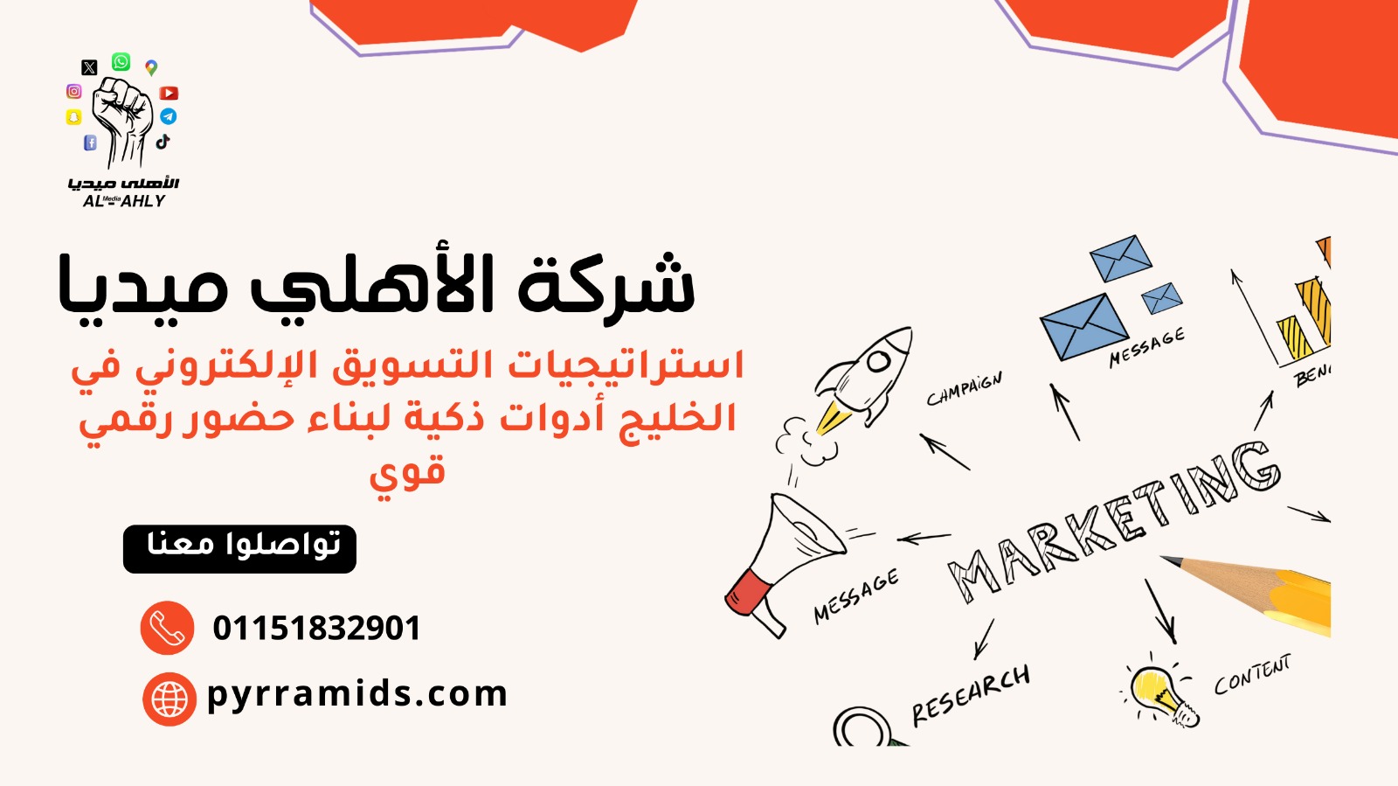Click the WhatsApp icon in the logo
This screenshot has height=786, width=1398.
pos(121,62)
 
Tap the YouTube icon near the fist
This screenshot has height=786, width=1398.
pos(169,93)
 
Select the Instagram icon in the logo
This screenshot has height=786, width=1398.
pos(73,91)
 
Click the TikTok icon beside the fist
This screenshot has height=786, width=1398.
pos(163,141)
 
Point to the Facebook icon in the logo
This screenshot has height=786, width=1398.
pos(91,143)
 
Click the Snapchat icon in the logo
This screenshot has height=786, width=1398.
pos(73,117)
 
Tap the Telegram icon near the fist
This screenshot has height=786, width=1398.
pos(169,116)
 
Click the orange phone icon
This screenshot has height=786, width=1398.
pos(167,628)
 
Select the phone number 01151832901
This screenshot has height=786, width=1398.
pos(317,628)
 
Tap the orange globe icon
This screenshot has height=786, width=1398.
pos(170,699)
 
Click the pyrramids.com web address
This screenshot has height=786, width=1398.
pos(357,694)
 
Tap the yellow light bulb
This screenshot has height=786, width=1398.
pos(1159,694)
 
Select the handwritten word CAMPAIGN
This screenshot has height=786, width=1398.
pos(965,388)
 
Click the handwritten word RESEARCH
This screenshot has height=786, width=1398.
pos(971,694)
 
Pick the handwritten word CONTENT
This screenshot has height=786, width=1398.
pos(1253,674)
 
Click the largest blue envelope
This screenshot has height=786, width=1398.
pos(1084,327)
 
